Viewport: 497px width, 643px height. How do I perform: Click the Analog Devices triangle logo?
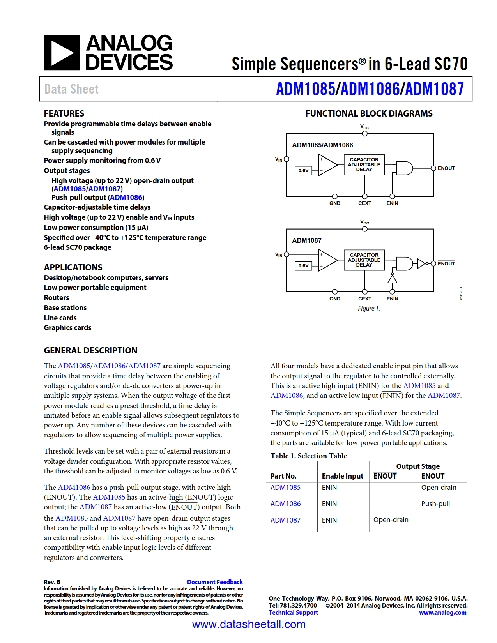click(62, 53)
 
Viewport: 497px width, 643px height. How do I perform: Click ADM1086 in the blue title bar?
click(370, 89)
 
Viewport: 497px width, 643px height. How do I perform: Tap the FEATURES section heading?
click(64, 113)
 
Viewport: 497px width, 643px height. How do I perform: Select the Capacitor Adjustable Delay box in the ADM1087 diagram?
click(364, 260)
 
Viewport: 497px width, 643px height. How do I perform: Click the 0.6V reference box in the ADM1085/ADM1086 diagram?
click(303, 170)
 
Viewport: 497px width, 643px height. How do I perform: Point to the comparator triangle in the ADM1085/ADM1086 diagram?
click(327, 165)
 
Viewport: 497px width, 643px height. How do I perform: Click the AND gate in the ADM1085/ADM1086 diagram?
click(404, 168)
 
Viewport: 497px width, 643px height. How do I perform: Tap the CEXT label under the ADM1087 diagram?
click(364, 299)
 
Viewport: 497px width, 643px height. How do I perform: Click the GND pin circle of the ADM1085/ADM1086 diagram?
click(335, 196)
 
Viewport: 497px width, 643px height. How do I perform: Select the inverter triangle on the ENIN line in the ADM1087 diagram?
click(392, 279)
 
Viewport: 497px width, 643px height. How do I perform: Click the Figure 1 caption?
click(369, 309)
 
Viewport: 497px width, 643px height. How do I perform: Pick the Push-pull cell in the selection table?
click(435, 504)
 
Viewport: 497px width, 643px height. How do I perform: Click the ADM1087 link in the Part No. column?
click(285, 520)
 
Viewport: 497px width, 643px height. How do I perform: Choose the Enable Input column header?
click(342, 476)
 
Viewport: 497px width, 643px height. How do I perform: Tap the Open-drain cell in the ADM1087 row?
click(391, 520)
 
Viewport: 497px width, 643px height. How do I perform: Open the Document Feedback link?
click(215, 582)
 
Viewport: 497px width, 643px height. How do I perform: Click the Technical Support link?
click(293, 613)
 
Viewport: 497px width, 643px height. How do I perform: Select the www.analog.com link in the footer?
click(442, 613)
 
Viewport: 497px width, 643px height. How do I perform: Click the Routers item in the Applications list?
click(57, 298)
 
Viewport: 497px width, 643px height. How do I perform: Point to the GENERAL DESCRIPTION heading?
click(90, 350)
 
